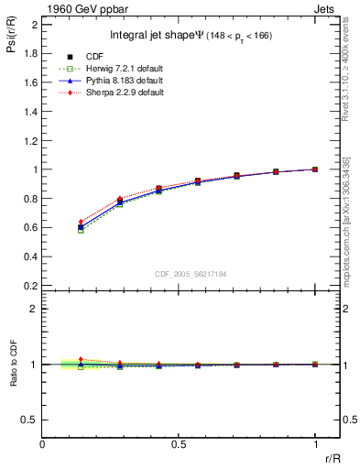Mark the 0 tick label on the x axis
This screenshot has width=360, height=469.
[43, 443]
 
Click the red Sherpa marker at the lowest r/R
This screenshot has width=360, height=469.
[81, 222]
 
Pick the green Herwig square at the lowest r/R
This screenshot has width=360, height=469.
[81, 230]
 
